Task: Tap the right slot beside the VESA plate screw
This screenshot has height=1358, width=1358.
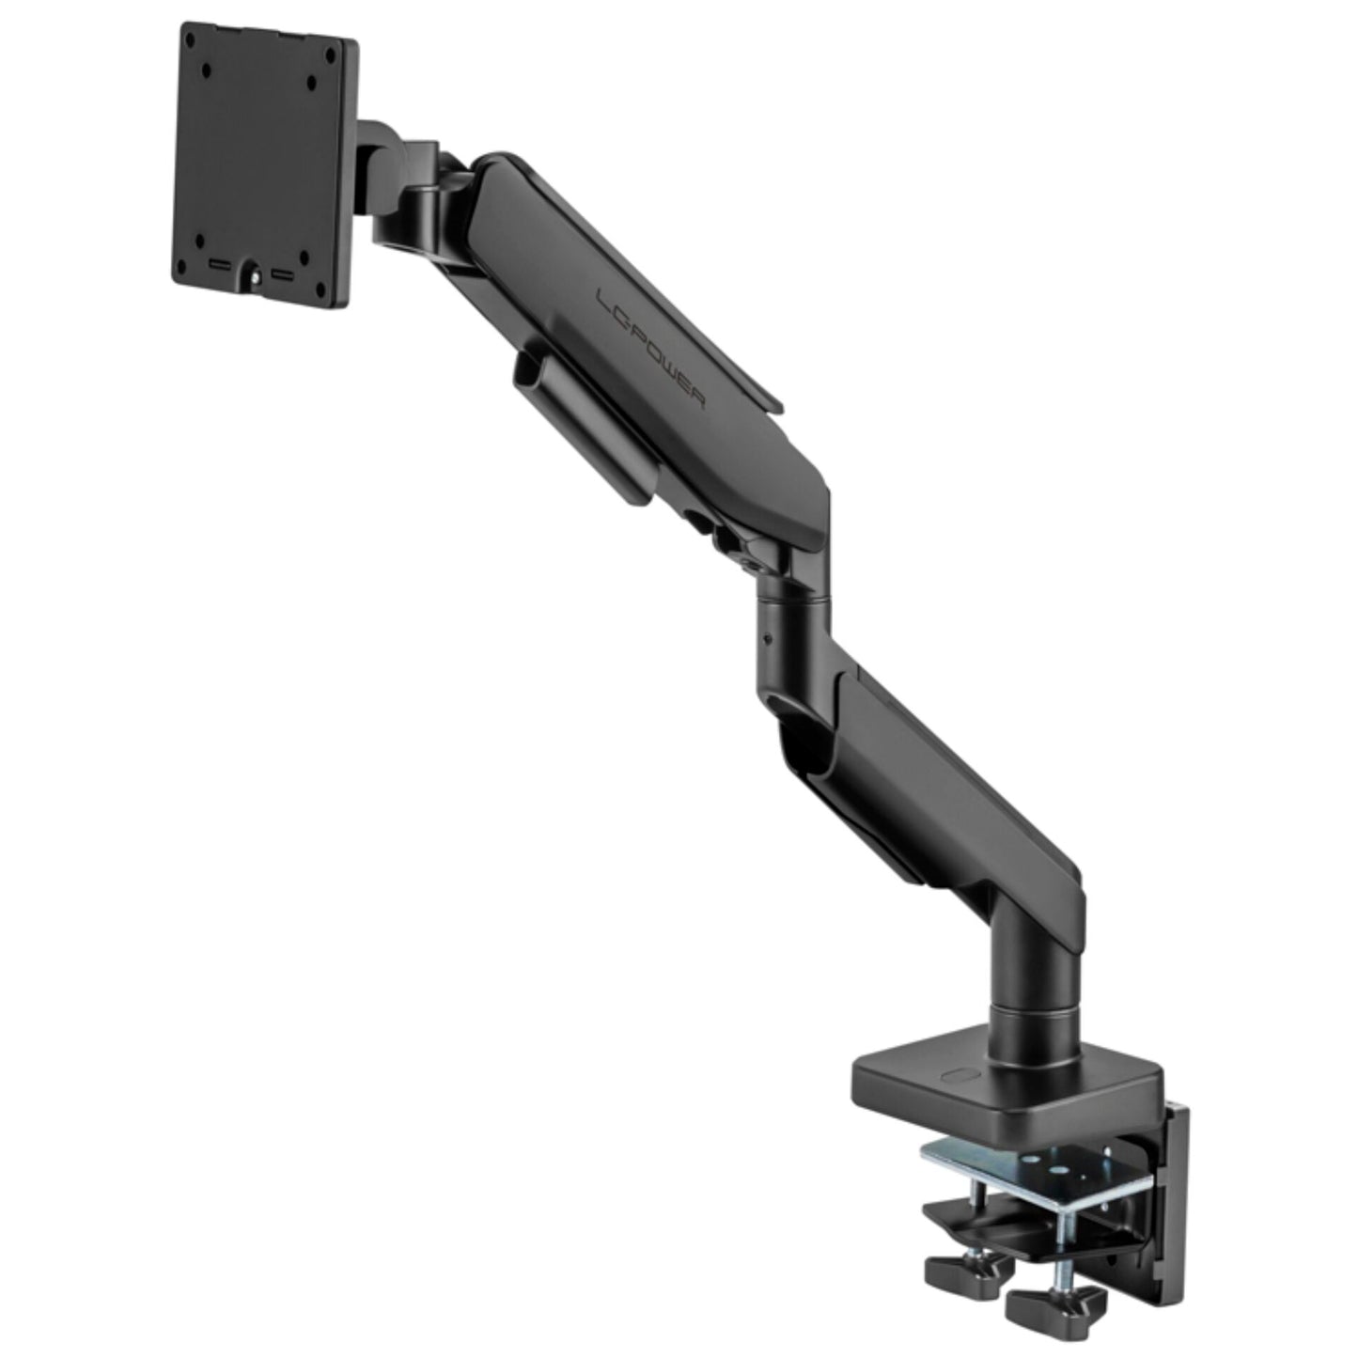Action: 283,275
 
